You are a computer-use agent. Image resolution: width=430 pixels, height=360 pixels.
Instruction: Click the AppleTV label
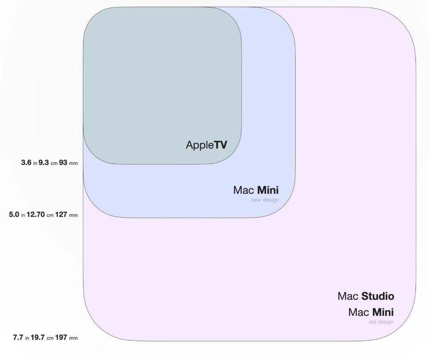[x=206, y=145]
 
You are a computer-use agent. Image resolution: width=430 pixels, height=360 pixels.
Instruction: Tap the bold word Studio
[x=377, y=296]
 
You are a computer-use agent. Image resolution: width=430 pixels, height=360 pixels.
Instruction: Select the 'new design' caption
[x=265, y=200]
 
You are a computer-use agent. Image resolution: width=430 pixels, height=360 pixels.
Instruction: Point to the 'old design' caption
[x=381, y=322]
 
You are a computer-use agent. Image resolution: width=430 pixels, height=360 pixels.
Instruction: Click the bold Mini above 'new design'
[x=268, y=190]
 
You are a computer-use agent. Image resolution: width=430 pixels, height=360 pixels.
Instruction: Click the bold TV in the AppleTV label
[x=221, y=145]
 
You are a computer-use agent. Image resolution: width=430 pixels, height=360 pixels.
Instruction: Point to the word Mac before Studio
[x=348, y=296]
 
